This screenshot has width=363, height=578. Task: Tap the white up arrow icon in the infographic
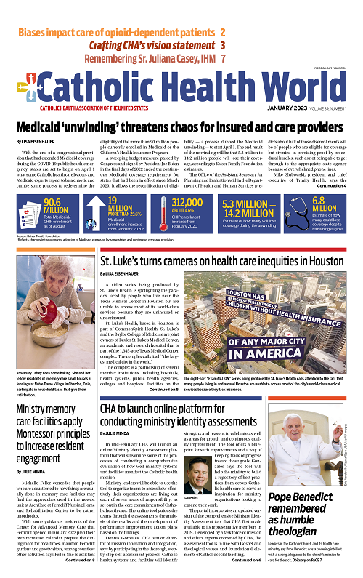pos(97,206)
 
